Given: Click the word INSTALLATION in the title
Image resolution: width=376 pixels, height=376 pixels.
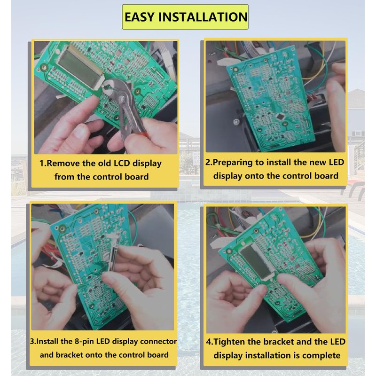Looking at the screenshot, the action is pyautogui.click(x=203, y=17).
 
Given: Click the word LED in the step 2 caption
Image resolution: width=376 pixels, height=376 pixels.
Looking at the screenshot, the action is pyautogui.click(x=337, y=162).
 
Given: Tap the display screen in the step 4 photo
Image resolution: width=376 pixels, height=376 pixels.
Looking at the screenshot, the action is pyautogui.click(x=256, y=262).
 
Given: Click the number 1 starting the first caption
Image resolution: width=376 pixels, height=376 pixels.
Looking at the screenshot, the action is pyautogui.click(x=42, y=163).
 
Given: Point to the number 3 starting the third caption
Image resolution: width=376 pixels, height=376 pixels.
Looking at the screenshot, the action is pyautogui.click(x=32, y=342).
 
